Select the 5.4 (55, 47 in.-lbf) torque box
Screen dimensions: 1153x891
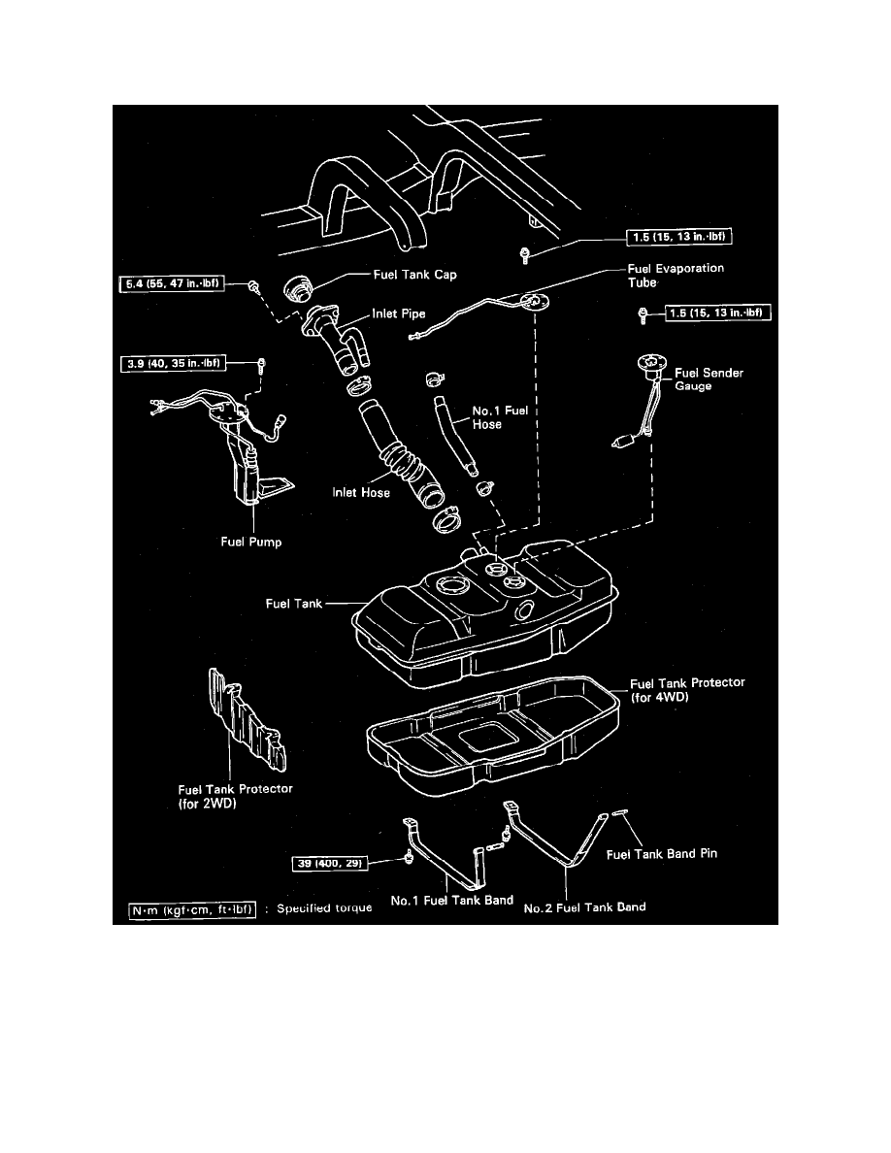173,283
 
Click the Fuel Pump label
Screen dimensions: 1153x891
250,543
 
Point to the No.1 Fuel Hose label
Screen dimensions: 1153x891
500,417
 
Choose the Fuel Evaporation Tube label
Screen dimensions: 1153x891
676,276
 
